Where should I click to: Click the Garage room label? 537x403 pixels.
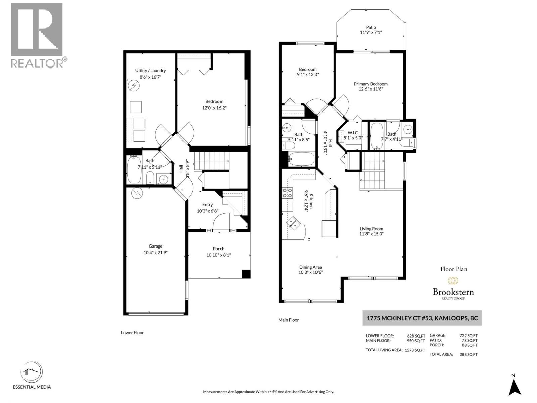(155, 246)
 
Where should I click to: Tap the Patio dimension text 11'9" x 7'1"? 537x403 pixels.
(371, 33)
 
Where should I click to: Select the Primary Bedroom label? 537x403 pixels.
(371, 84)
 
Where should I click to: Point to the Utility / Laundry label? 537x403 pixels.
(150, 71)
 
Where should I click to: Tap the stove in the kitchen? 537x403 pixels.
(287, 193)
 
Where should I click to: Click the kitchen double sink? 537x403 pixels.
(292, 223)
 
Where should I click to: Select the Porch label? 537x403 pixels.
(218, 249)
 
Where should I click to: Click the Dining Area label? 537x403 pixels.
(310, 267)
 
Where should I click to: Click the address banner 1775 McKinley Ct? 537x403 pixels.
(422, 318)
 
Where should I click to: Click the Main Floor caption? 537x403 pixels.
(288, 320)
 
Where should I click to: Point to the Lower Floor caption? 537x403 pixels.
(132, 333)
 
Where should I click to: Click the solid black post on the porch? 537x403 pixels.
(246, 274)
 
